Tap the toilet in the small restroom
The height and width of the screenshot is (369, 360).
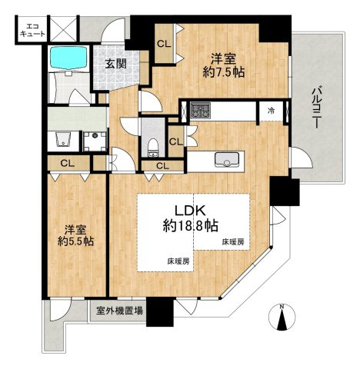154,147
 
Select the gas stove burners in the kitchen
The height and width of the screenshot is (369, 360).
200,111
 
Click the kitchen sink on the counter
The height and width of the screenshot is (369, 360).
227,159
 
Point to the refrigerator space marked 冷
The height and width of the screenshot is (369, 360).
271,111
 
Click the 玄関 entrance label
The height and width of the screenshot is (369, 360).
116,64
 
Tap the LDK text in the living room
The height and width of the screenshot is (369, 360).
190,211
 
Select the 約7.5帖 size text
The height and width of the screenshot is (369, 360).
223,73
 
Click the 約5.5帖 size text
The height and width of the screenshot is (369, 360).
75,241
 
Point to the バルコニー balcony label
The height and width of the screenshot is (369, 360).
318,108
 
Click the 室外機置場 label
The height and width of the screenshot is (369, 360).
119,311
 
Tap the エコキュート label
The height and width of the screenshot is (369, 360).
32,30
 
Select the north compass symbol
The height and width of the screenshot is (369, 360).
282,317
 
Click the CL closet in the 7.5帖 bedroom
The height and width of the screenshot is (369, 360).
164,45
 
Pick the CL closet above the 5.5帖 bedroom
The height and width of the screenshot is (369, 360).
68,164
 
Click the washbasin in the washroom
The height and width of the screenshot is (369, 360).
63,140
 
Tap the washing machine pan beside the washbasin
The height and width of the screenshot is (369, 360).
95,141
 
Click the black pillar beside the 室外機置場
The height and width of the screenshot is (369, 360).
160,312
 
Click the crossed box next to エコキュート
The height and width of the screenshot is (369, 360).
63,28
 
